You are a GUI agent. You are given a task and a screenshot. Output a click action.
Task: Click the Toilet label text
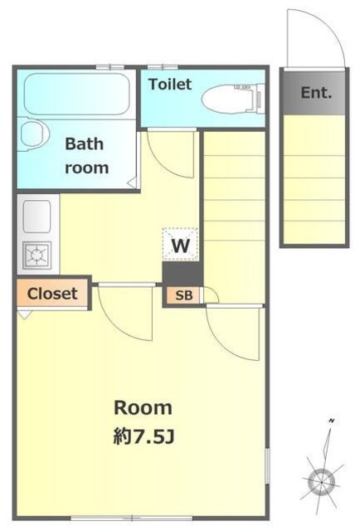point(170,85)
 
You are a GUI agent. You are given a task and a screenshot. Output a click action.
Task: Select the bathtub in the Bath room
point(77,94)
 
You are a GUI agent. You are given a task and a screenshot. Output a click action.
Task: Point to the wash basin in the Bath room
point(34,134)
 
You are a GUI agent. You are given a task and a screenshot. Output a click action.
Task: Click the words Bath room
point(86,156)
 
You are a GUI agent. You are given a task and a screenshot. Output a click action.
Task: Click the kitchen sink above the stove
point(37,217)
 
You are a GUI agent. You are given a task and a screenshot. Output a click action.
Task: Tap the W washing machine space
point(180,245)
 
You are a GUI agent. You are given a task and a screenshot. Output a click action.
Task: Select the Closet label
point(52,294)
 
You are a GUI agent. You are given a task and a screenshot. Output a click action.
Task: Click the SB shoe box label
point(184,295)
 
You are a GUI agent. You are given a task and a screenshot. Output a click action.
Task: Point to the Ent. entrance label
point(316,92)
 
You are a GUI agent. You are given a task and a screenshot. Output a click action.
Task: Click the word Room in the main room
point(143,408)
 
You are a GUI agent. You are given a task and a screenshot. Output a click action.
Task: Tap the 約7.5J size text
point(144,436)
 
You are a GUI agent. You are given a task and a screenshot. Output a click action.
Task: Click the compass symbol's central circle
point(321,481)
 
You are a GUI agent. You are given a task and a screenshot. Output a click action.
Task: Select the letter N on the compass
point(331,421)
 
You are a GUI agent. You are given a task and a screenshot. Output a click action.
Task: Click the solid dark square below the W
point(182,274)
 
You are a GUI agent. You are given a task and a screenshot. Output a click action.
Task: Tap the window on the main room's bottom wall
point(131,518)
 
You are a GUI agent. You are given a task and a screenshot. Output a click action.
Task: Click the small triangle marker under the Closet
point(24,314)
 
